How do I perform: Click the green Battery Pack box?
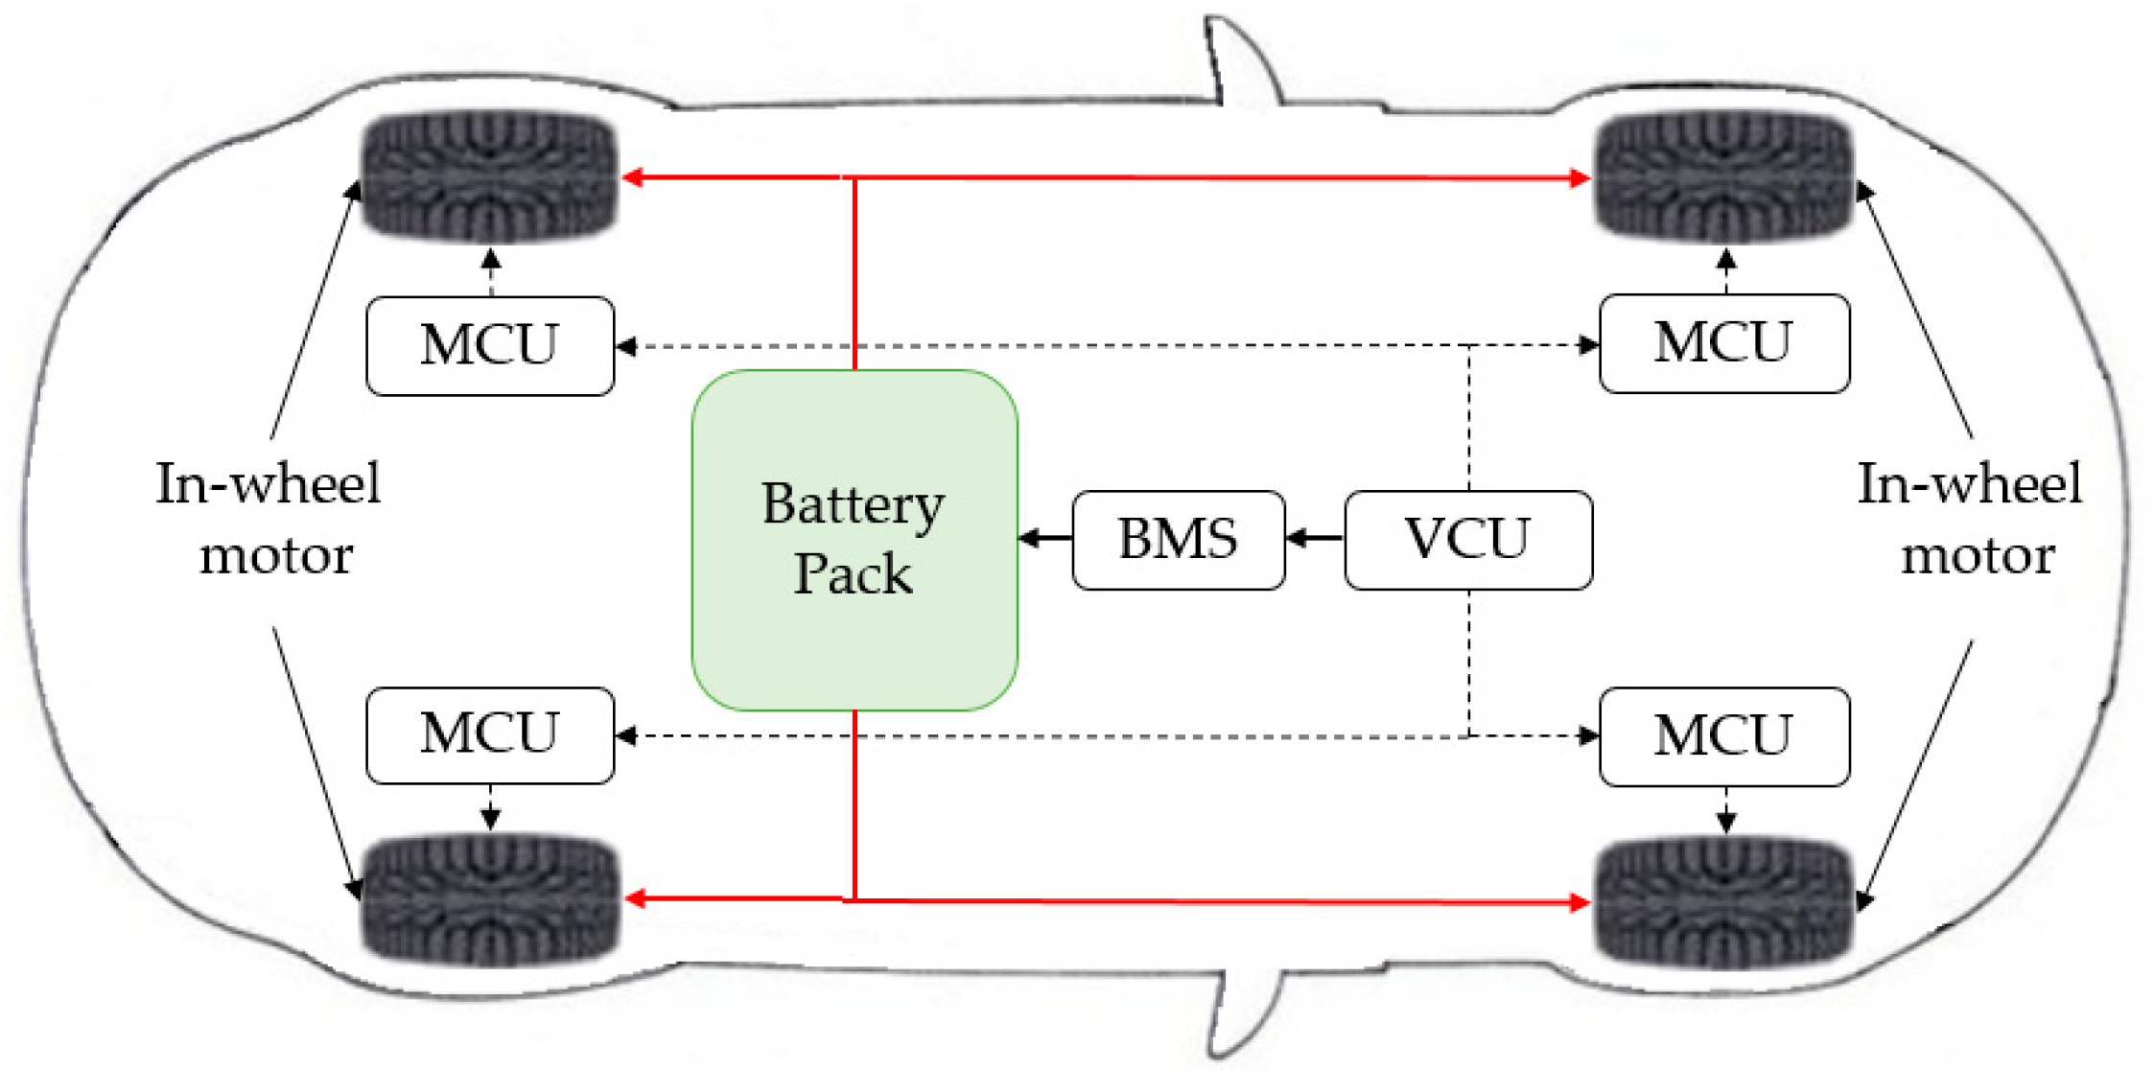point(855,540)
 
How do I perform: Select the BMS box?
point(1179,540)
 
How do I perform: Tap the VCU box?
point(1468,540)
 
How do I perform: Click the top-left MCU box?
point(490,345)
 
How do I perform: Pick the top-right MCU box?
point(1724,343)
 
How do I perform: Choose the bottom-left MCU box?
point(490,735)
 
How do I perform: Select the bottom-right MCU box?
point(1724,736)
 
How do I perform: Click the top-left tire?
point(489,175)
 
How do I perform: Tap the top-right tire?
point(1723,176)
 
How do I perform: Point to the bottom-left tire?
point(489,899)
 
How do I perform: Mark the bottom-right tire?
point(1723,901)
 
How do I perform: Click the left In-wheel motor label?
point(269,519)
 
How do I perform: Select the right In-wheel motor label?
point(1971,519)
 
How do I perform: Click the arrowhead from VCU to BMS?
point(1296,539)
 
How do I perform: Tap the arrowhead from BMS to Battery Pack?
point(1030,539)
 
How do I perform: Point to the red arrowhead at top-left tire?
point(633,177)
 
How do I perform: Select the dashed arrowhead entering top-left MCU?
point(626,346)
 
